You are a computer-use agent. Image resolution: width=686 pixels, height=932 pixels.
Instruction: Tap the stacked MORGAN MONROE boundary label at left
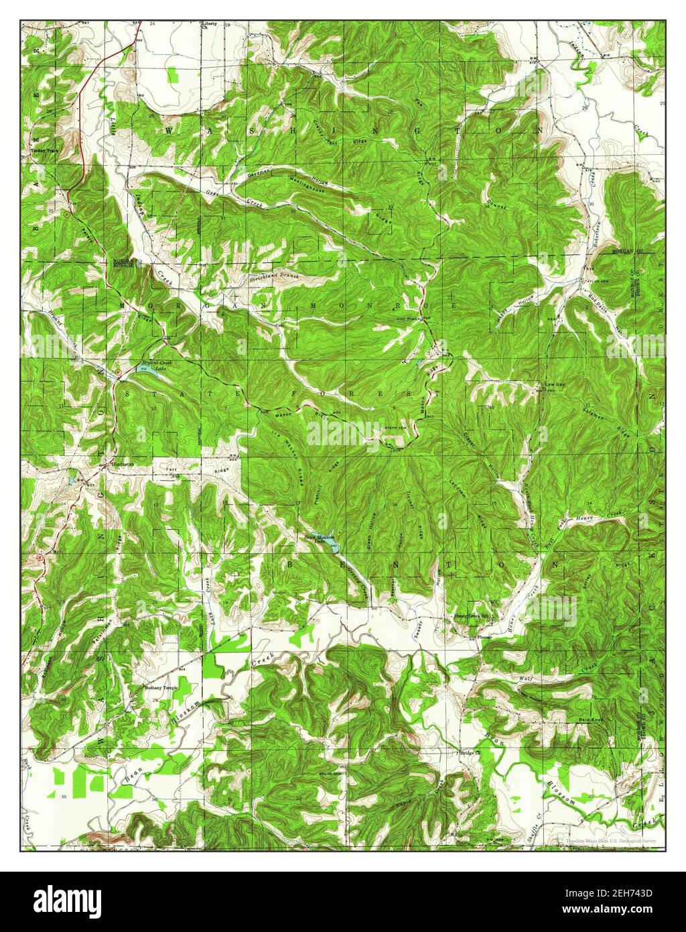pyautogui.click(x=123, y=264)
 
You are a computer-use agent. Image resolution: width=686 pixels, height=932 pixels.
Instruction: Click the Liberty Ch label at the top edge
pyautogui.click(x=210, y=25)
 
